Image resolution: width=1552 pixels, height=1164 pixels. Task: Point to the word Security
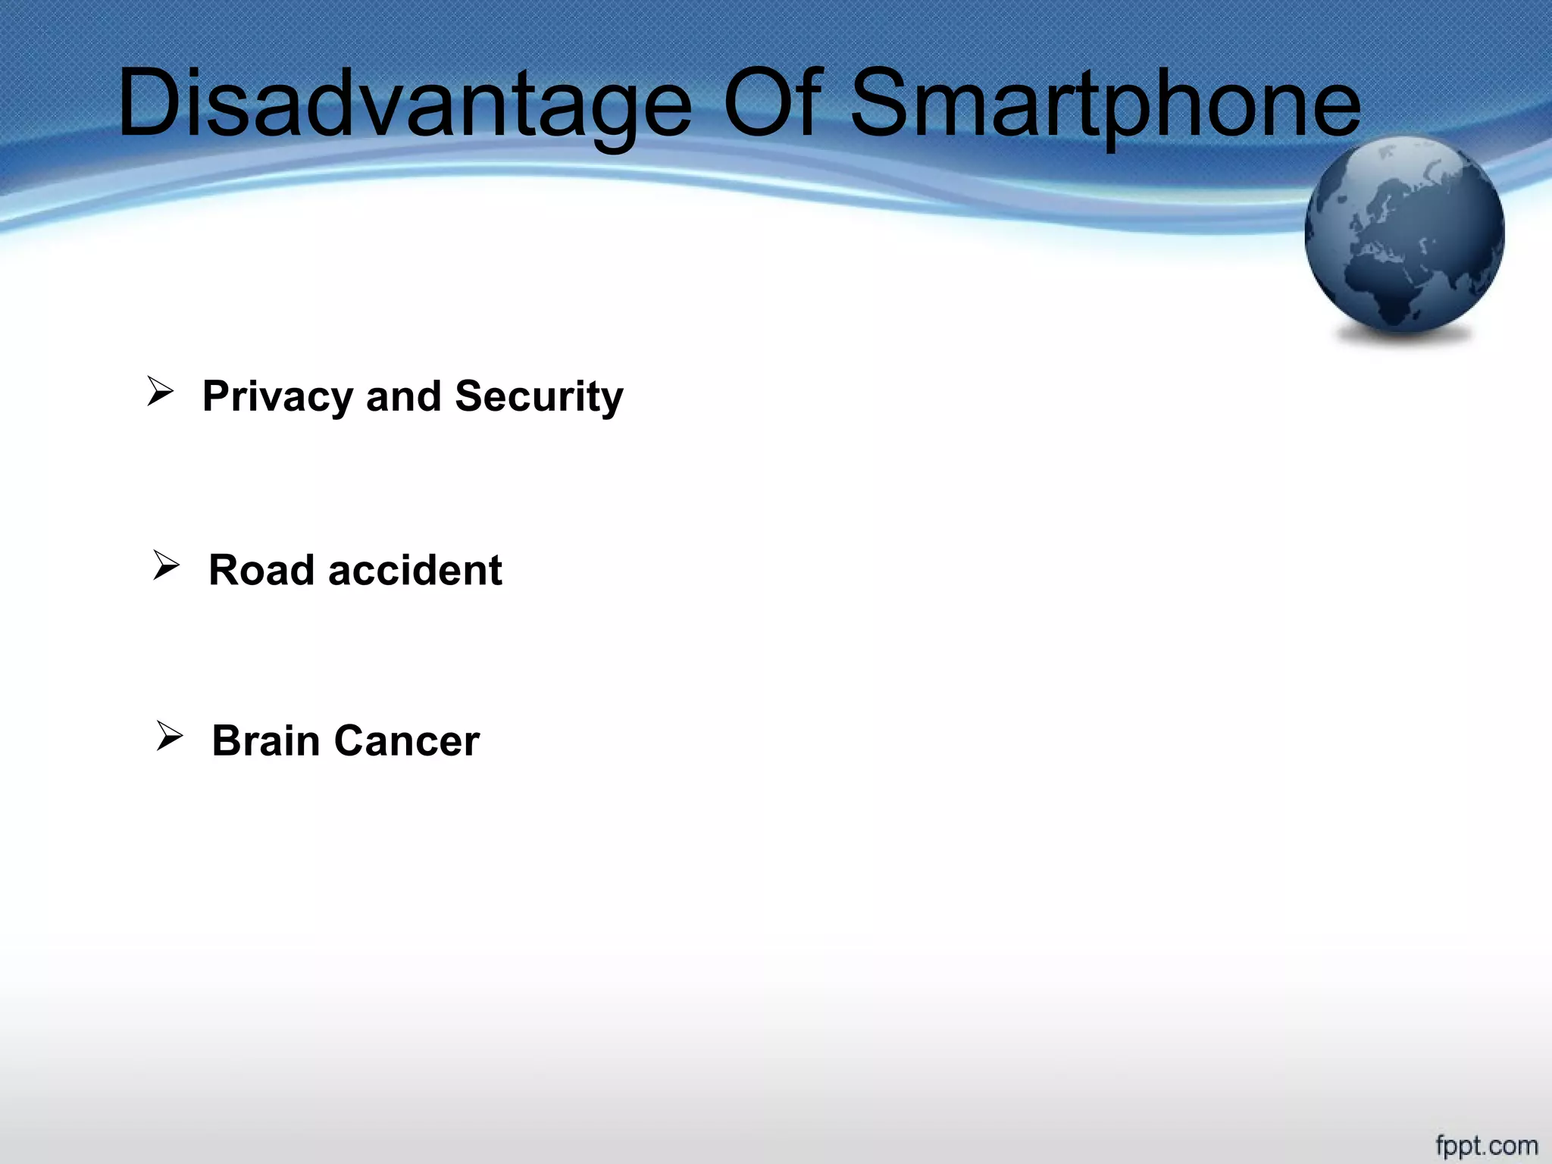pos(539,397)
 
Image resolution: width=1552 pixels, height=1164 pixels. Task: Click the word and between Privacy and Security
pos(403,396)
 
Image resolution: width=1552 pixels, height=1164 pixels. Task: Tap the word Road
pos(261,570)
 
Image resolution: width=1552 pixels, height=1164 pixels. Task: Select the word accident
pos(415,570)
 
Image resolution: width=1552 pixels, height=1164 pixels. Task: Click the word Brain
pos(266,740)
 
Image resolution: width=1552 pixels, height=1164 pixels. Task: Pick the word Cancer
pos(407,740)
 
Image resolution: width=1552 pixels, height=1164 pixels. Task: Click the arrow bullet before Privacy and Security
pos(160,392)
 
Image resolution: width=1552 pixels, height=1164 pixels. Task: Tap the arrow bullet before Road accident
pos(165,565)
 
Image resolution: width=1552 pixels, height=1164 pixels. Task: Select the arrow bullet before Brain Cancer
pos(169,736)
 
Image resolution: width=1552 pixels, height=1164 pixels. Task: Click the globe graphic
pos(1404,235)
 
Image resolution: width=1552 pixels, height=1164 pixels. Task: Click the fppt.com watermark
pos(1486,1144)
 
